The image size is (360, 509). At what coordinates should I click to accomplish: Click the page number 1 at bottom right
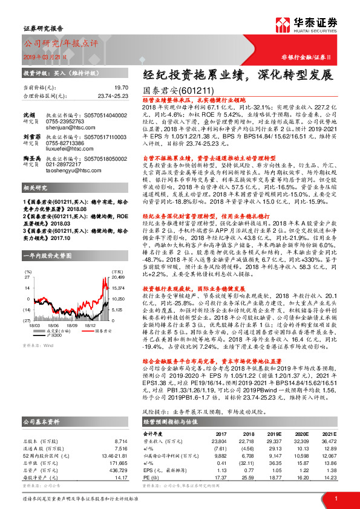335,498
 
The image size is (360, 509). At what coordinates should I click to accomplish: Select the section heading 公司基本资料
42,421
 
